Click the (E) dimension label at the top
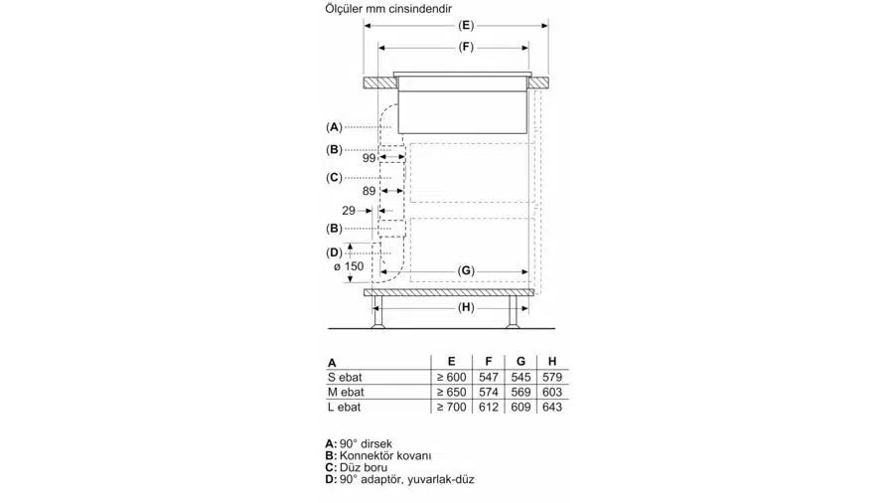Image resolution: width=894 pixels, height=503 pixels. point(466,25)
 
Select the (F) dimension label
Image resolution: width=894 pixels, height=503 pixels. point(466,47)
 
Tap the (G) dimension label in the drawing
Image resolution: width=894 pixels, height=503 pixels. point(466,270)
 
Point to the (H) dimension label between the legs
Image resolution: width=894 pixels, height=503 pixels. point(466,307)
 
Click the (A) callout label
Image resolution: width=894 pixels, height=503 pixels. point(334,127)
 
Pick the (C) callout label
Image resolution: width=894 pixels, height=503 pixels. point(334,177)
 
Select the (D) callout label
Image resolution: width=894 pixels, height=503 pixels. point(334,252)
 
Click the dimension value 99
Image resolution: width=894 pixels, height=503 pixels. point(369,158)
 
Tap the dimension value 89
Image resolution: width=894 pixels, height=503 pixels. point(369,191)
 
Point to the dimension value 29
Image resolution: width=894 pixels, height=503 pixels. point(349,211)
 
